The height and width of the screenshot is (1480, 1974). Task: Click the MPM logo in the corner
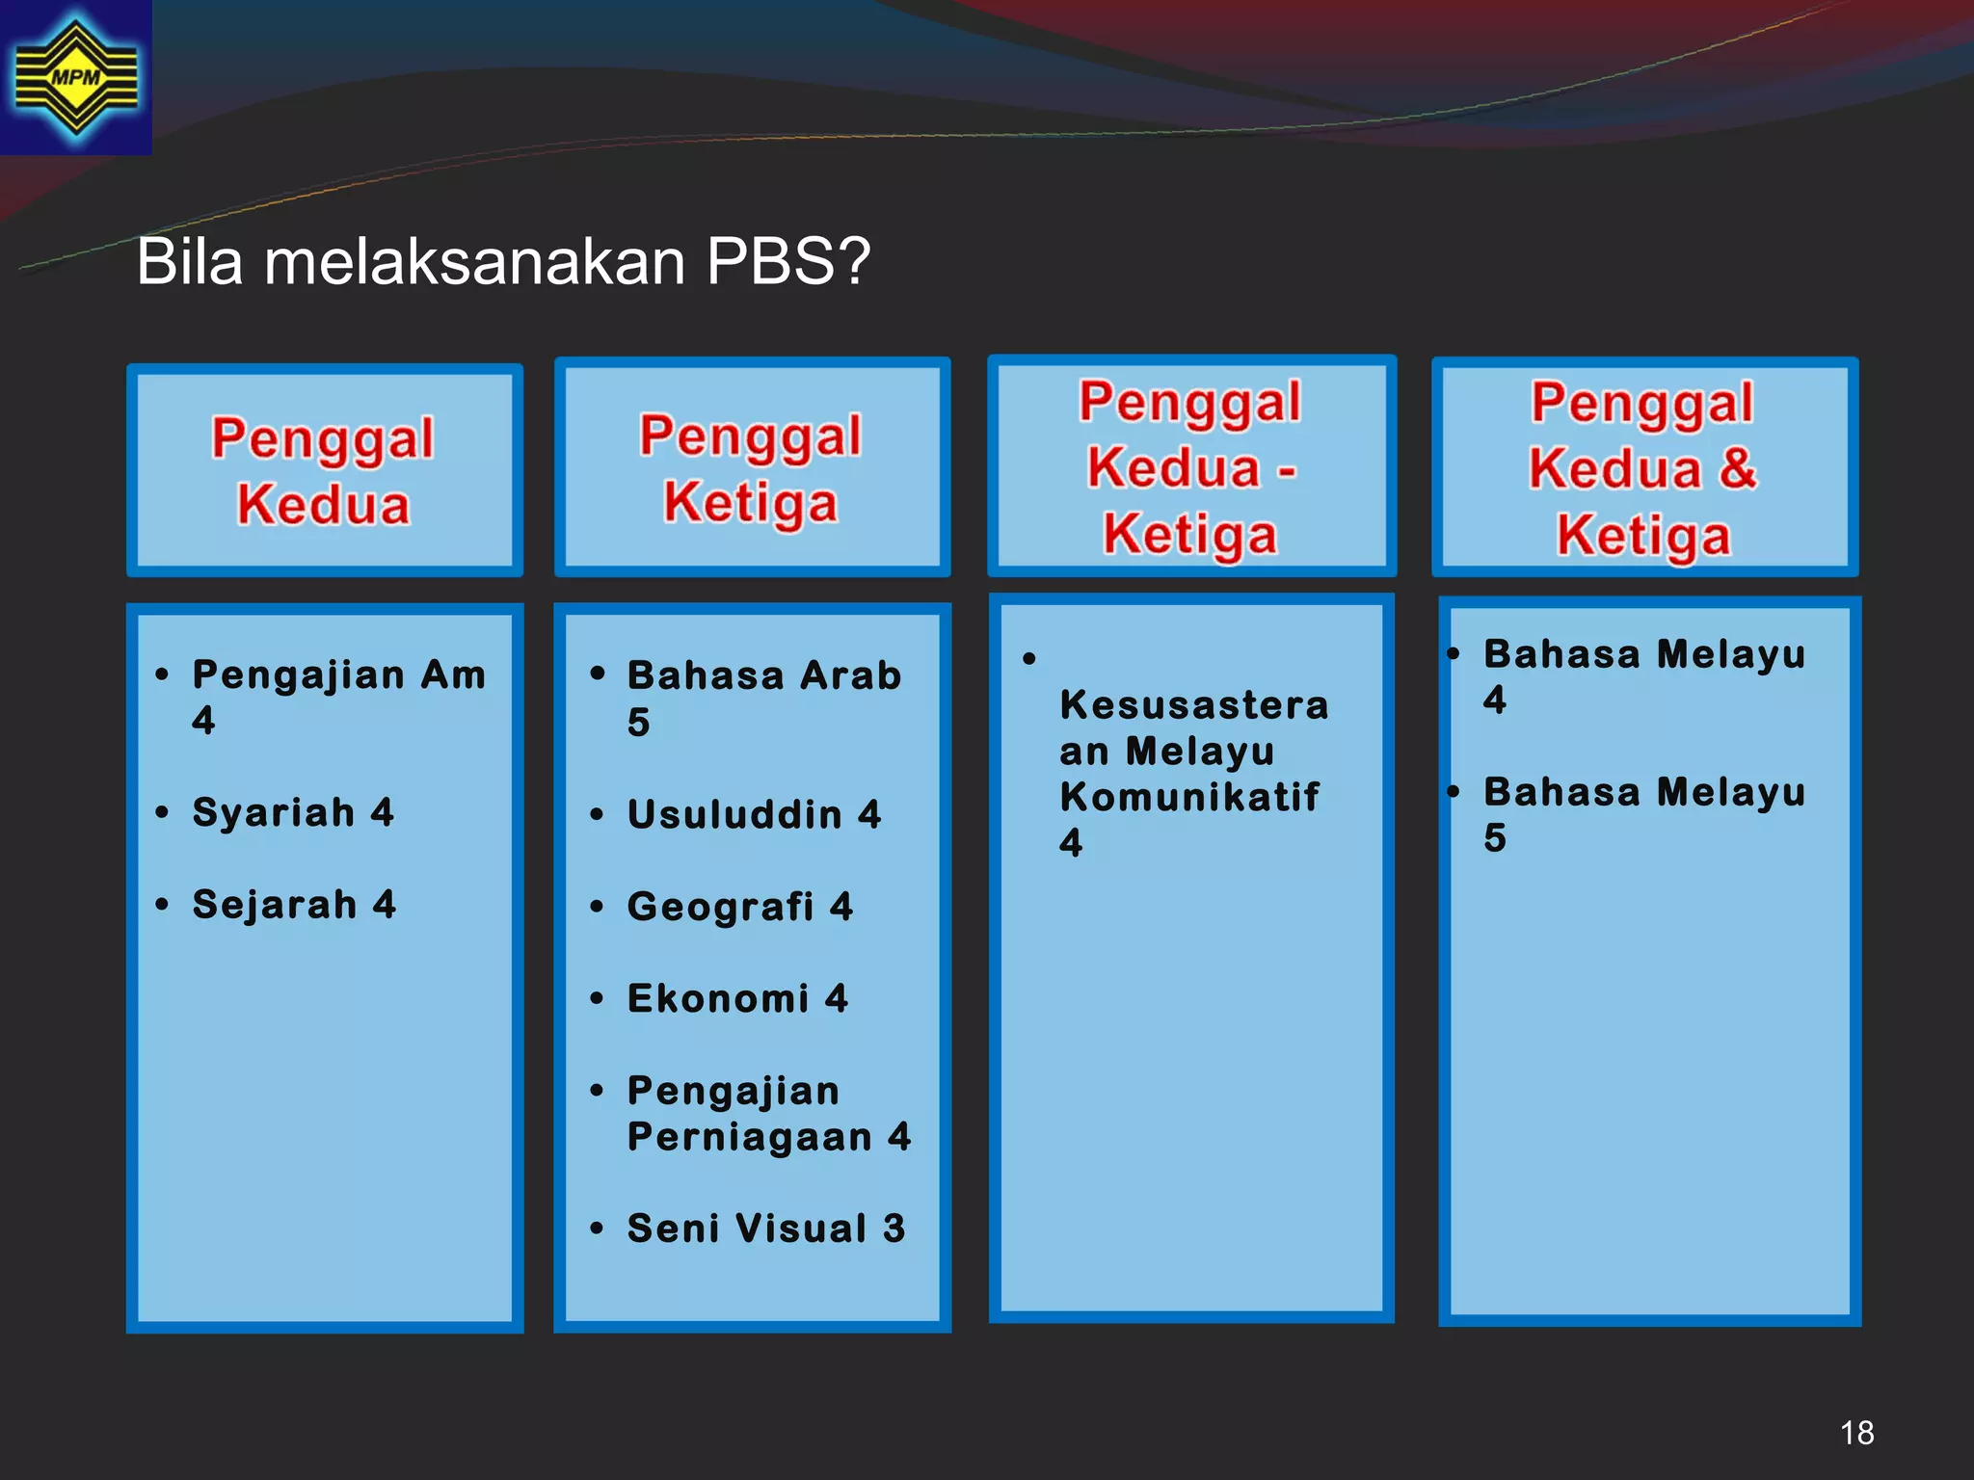point(75,77)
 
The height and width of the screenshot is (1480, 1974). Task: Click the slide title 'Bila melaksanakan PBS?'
point(503,261)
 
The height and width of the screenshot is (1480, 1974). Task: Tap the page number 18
point(1856,1433)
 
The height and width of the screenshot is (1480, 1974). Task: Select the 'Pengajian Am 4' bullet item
point(337,696)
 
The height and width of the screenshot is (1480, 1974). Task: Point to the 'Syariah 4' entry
point(293,812)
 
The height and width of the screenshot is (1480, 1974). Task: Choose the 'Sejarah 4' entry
point(294,905)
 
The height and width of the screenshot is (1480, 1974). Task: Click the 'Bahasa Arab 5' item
point(763,698)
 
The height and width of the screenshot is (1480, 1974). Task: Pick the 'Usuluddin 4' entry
point(754,814)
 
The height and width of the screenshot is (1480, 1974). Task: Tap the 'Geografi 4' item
point(739,907)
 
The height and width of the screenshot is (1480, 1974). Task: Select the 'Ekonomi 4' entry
point(737,998)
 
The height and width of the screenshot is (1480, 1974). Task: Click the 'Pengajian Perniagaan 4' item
point(768,1114)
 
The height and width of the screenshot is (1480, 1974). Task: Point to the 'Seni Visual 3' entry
point(766,1229)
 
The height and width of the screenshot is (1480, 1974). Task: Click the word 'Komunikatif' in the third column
point(1189,797)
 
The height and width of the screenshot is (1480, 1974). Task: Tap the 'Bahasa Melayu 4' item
point(1643,675)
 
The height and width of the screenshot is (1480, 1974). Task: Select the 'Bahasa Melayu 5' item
point(1643,814)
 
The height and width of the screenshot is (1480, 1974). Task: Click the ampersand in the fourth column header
point(1738,468)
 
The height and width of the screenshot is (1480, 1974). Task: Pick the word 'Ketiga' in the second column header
point(751,503)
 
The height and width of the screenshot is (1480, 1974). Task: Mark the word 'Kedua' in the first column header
point(324,505)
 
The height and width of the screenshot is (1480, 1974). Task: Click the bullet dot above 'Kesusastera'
point(1029,659)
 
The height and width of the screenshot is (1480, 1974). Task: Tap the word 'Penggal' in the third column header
point(1190,402)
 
